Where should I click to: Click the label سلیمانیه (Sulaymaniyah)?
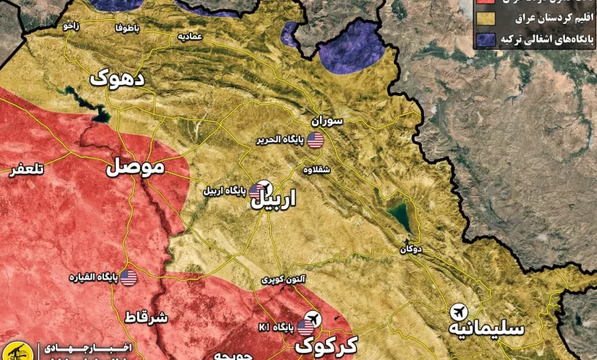(x=488, y=327)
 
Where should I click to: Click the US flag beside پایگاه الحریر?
(x=315, y=139)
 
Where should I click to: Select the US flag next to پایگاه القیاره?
(x=128, y=277)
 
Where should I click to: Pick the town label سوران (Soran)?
(x=327, y=121)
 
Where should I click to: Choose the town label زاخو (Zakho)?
(x=71, y=25)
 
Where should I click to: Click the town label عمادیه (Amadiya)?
(x=189, y=36)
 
